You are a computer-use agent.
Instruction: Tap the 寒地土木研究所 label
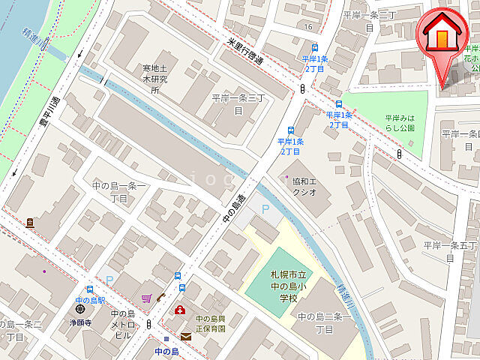(x=155, y=73)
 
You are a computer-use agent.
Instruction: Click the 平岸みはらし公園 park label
(x=405, y=123)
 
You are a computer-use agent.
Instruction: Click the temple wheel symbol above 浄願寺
(x=80, y=310)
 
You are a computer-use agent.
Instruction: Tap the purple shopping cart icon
(x=146, y=298)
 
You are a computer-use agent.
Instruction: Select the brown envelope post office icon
(x=185, y=337)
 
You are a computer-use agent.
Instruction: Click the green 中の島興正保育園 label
(x=205, y=323)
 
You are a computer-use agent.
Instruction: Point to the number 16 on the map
(x=308, y=27)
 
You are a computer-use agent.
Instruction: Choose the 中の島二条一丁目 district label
(x=325, y=322)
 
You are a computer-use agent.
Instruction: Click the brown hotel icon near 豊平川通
(x=29, y=223)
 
